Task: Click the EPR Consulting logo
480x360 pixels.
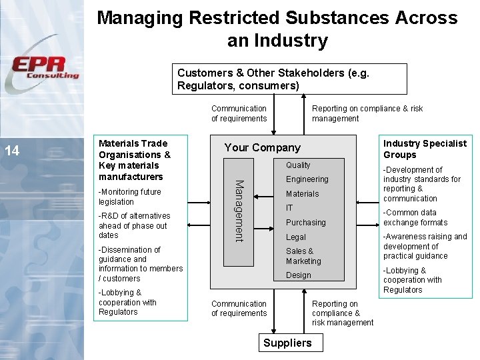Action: pos(45,69)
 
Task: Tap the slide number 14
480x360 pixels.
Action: pos(12,151)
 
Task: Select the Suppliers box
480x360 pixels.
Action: pos(287,343)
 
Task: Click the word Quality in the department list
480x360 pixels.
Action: pos(298,165)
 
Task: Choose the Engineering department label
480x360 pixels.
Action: pos(307,179)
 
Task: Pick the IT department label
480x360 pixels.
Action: pos(290,208)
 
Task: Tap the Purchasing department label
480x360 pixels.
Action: pos(305,223)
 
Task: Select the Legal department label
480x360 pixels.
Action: pos(296,237)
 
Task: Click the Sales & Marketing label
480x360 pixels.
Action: pos(303,256)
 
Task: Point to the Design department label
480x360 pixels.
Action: pos(298,275)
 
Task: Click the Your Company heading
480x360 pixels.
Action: pos(262,148)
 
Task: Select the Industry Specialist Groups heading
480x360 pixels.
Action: pos(425,149)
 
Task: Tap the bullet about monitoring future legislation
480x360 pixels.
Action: pos(129,197)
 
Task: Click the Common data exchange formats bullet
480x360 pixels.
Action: pos(415,217)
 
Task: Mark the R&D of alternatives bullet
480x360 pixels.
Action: pos(134,225)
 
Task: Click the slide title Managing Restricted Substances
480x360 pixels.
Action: pos(277,29)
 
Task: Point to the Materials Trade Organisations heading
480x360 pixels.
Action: pos(134,160)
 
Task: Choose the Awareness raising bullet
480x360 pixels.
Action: pos(425,246)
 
